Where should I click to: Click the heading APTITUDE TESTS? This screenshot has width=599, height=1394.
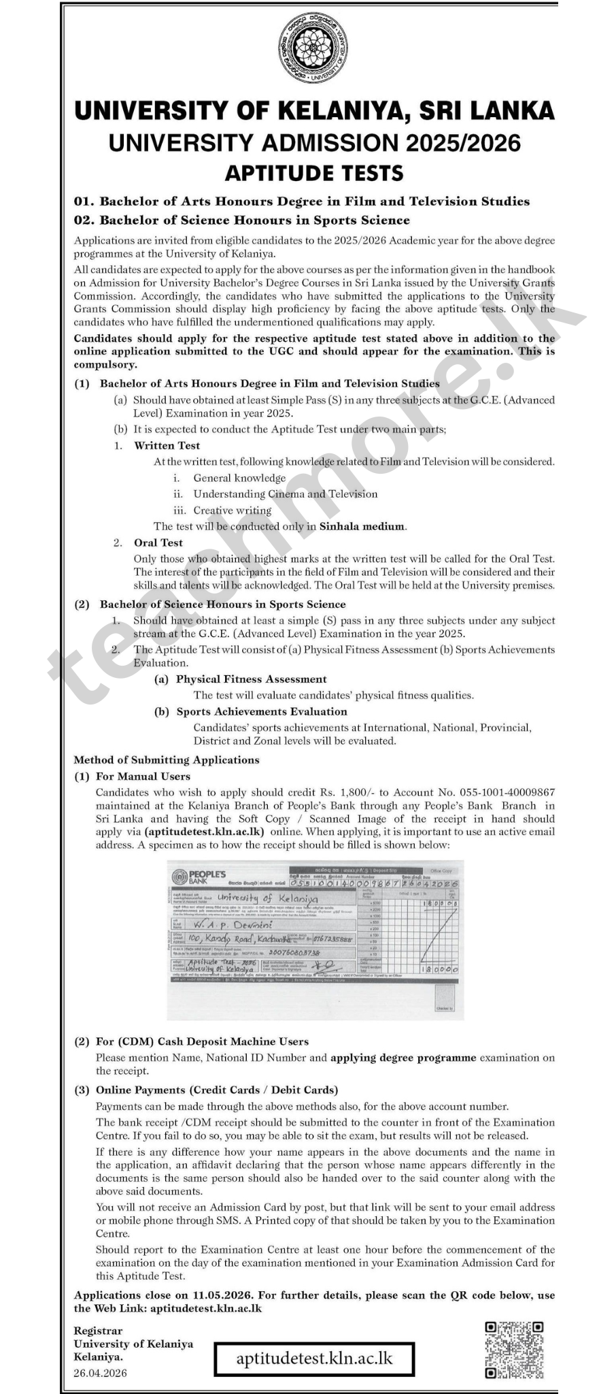click(x=314, y=172)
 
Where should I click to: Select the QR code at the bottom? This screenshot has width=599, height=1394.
click(x=515, y=1350)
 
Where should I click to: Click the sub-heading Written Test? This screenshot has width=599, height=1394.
click(x=167, y=446)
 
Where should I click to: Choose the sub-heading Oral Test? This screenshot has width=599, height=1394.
click(x=158, y=542)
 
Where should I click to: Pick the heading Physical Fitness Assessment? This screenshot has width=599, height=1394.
click(x=251, y=679)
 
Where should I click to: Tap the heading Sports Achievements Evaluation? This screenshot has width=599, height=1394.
click(x=261, y=711)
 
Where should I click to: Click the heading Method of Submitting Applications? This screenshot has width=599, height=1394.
click(x=166, y=760)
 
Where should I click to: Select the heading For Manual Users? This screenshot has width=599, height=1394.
click(x=143, y=776)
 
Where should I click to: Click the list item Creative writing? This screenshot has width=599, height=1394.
click(x=232, y=510)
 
